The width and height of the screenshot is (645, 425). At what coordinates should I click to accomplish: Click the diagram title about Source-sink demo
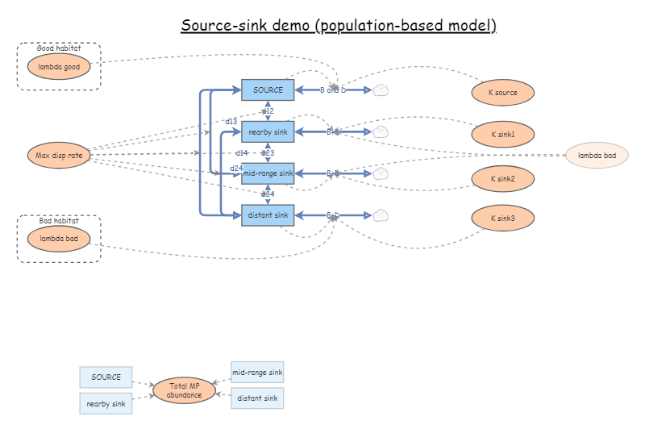point(338,25)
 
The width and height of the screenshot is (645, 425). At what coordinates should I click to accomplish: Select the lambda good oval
point(59,67)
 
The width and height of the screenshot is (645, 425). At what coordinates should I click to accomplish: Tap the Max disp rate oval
point(59,156)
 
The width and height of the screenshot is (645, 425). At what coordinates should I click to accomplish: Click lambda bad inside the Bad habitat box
point(59,239)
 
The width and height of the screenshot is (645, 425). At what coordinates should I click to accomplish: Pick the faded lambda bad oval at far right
point(597,155)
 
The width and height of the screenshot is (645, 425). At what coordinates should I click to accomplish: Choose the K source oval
point(503,93)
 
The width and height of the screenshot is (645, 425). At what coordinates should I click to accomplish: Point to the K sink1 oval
point(503,135)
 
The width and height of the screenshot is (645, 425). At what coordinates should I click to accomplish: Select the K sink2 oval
point(503,177)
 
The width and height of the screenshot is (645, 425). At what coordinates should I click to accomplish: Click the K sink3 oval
point(503,218)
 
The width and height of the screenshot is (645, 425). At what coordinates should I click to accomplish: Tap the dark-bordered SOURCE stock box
point(268,90)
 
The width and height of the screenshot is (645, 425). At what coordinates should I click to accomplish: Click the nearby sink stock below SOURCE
point(268,131)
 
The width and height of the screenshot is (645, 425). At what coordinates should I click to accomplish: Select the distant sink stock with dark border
point(268,215)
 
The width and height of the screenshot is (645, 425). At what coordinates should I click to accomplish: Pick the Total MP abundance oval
point(184,391)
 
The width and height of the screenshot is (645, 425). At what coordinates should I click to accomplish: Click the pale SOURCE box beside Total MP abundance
point(106,377)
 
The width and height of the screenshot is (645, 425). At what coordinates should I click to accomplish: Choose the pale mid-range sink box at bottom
point(257,373)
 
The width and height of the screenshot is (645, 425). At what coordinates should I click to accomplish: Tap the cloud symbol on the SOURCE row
point(381,90)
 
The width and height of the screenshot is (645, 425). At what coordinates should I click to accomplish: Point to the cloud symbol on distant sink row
point(381,215)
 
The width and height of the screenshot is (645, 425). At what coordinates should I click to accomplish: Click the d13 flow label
point(231,121)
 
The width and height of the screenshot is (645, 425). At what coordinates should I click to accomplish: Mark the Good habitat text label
point(59,48)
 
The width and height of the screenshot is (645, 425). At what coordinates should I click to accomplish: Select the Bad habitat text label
point(59,220)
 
